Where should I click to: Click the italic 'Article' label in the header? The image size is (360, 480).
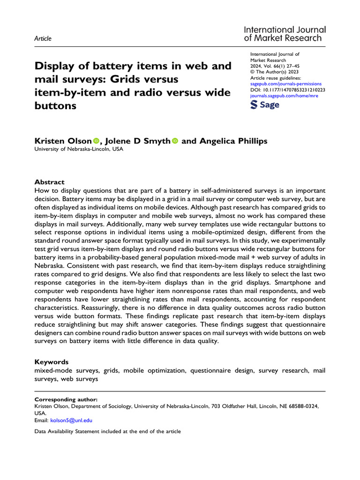click(43, 38)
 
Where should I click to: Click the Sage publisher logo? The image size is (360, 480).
click(265, 105)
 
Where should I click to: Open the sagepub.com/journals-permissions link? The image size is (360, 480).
click(286, 83)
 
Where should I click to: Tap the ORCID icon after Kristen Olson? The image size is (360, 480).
click(96, 141)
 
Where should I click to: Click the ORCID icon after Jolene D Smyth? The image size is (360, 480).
click(175, 141)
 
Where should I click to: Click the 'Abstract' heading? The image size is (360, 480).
click(50, 182)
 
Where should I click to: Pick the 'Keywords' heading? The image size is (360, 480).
click(52, 362)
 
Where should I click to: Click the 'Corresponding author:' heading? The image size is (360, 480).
click(66, 399)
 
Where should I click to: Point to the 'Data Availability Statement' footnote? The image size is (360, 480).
click(108, 431)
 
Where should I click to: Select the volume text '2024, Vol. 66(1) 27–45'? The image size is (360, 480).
click(281, 66)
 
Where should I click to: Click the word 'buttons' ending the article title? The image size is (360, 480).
click(55, 105)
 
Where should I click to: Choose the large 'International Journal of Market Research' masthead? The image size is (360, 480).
click(285, 34)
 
